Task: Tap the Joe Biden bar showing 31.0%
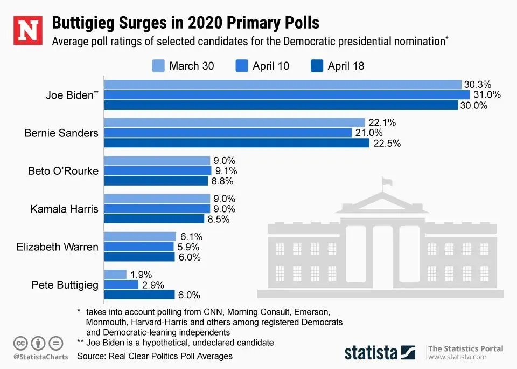(287, 95)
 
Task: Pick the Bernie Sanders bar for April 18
(236, 143)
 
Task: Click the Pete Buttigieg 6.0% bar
(139, 295)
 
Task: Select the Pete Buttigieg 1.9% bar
(115, 274)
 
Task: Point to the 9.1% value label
(226, 171)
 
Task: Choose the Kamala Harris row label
(65, 209)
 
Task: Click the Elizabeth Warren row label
(58, 247)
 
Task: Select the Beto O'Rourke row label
(64, 171)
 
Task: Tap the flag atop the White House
(386, 181)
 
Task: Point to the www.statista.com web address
(458, 357)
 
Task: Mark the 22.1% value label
(382, 123)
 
